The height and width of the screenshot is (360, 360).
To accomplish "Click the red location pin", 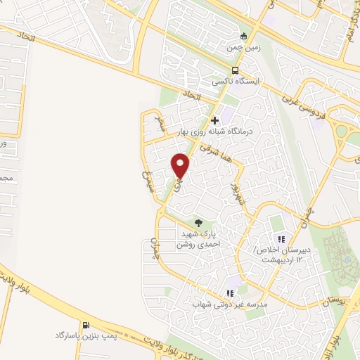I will click(181, 165).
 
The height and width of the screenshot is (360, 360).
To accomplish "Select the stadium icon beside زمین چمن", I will click(244, 36).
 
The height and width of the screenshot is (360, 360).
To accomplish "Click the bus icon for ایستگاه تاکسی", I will click(236, 70).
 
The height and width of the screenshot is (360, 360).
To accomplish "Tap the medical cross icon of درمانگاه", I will click(215, 120).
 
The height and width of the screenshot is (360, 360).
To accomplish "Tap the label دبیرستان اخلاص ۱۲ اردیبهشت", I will click(277, 255).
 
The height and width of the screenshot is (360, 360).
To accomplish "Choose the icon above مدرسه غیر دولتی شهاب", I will click(229, 293).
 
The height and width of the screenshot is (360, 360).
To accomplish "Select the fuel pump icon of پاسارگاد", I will click(86, 325).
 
